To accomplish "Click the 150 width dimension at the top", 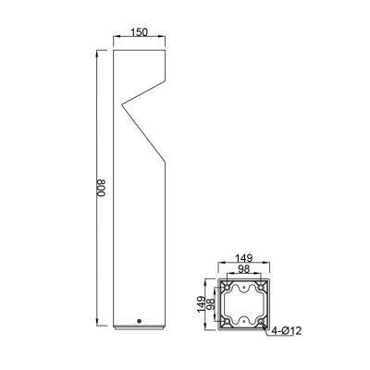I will (x=139, y=32).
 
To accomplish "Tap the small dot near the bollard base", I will (x=139, y=321).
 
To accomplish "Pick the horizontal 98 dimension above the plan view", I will (x=244, y=270).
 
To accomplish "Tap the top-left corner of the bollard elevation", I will (x=114, y=54).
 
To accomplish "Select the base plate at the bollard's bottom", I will (x=139, y=327).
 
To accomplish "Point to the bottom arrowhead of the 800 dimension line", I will (x=99, y=327).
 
